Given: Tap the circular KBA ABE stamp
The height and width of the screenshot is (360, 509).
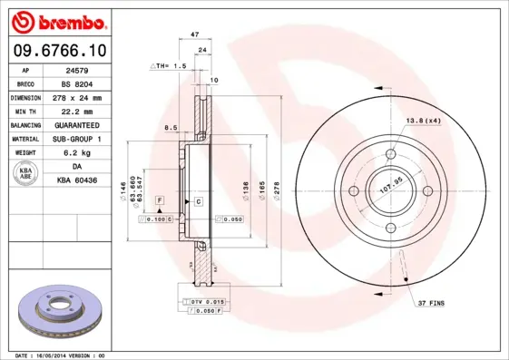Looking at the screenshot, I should (26, 174).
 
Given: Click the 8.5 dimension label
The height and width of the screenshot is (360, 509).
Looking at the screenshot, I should (170, 128).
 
